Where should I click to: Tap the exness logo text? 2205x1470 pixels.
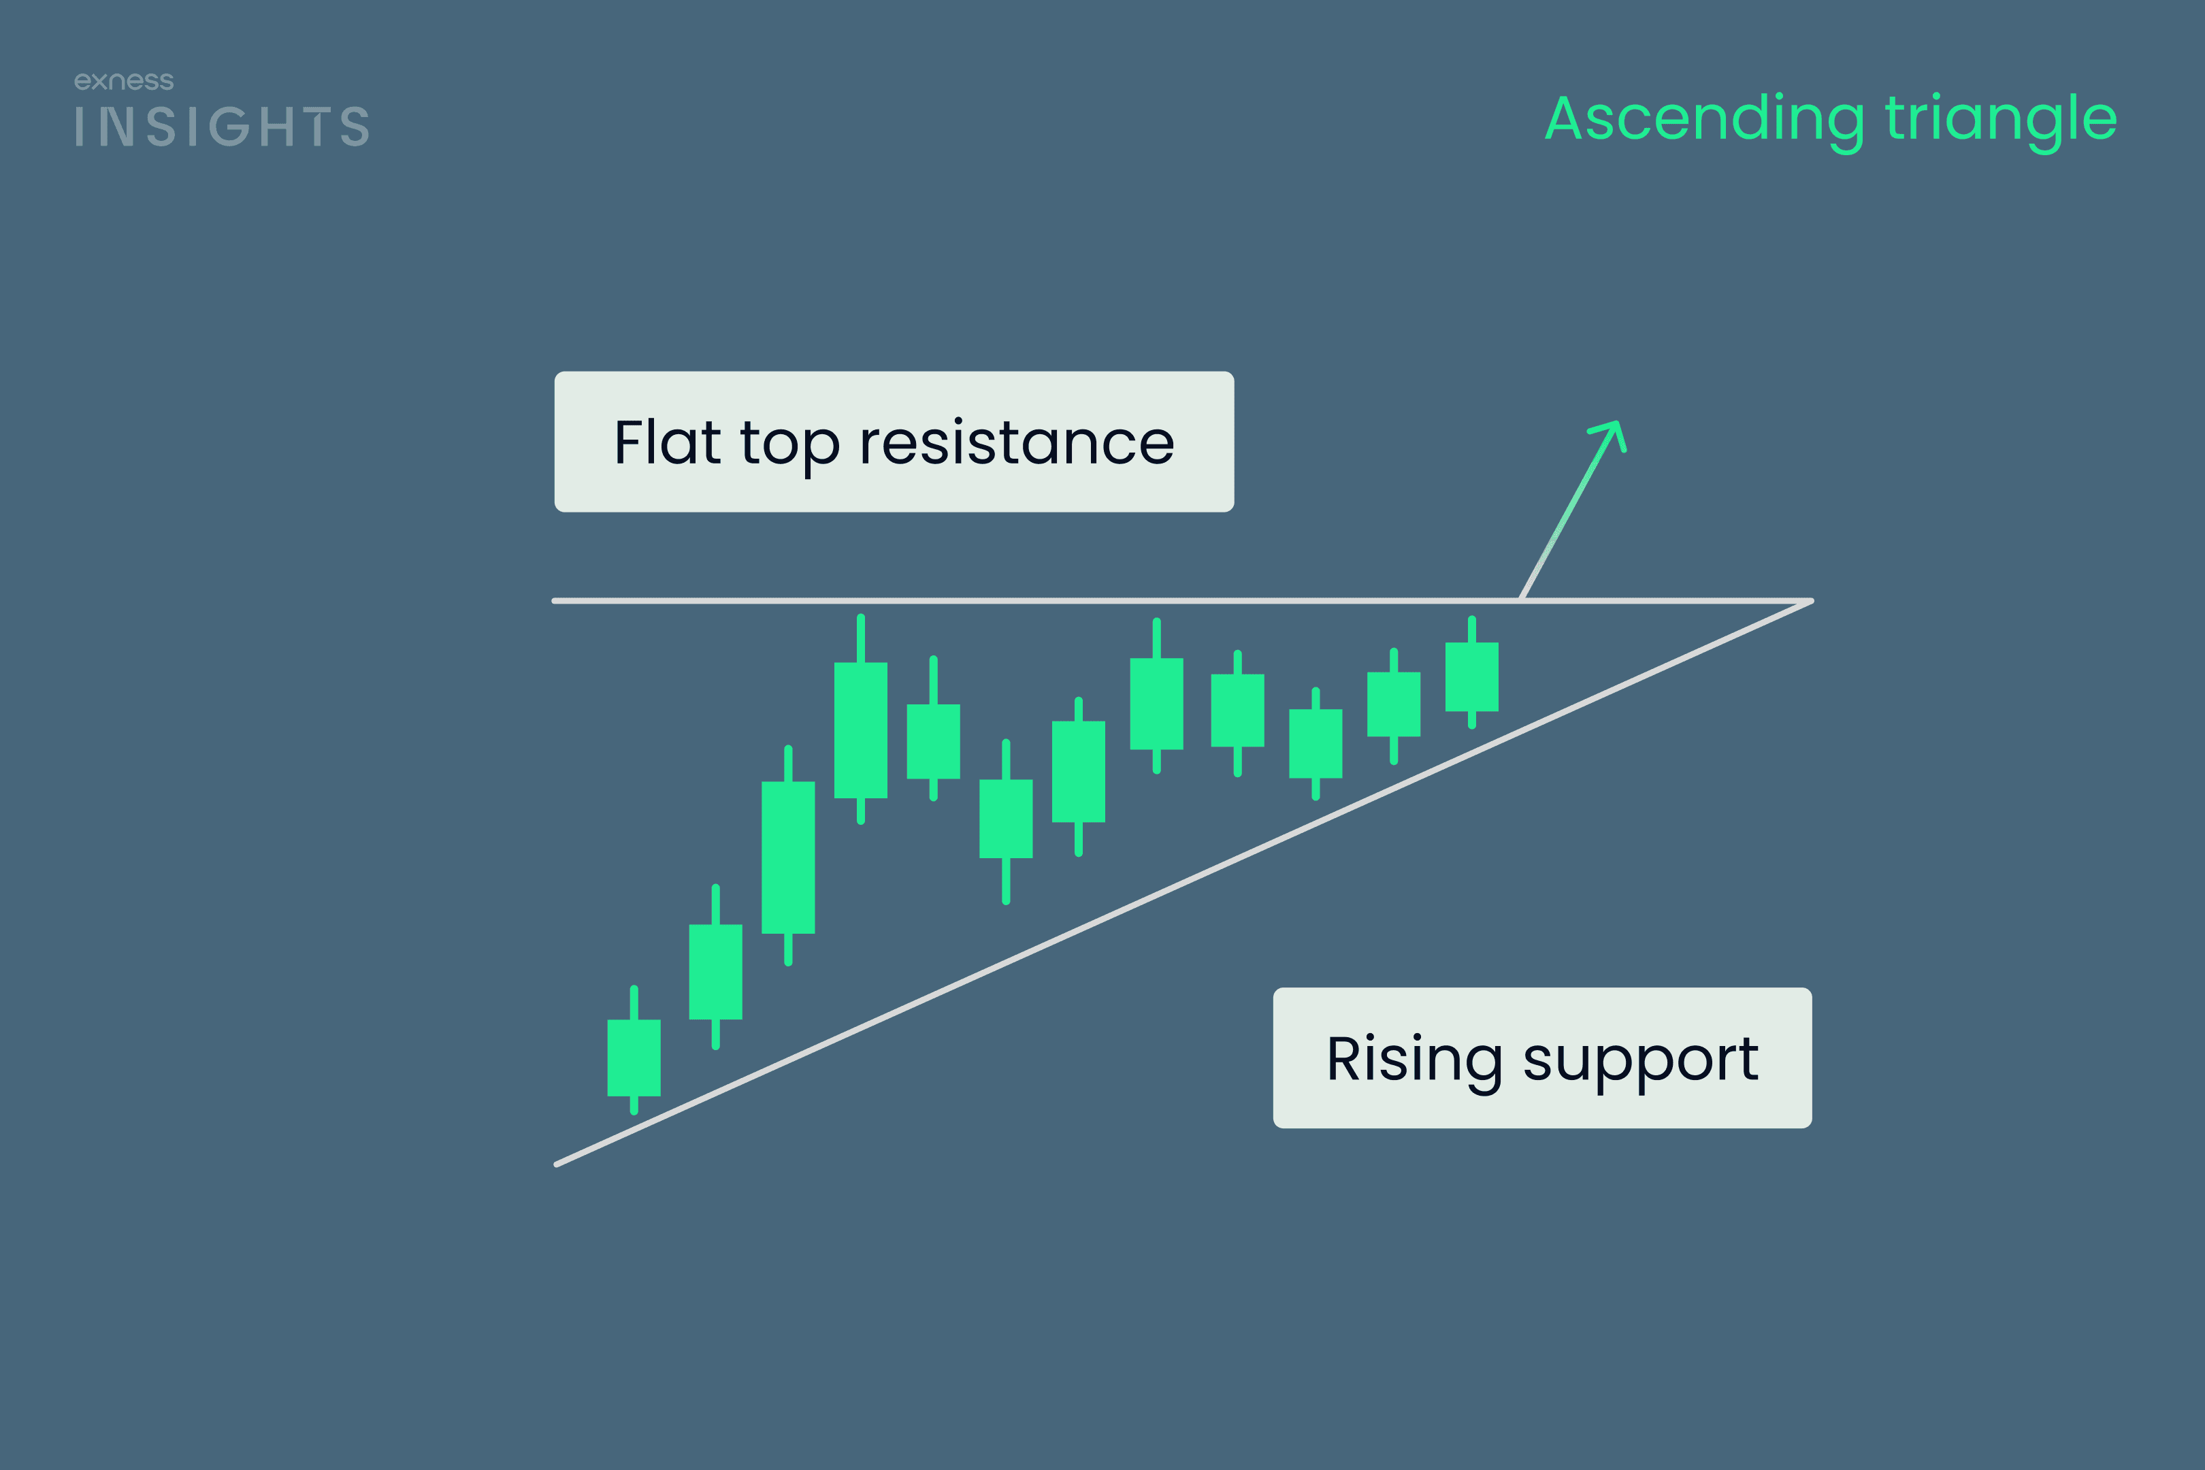pyautogui.click(x=124, y=82)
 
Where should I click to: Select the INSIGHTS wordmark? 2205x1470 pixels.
pyautogui.click(x=222, y=127)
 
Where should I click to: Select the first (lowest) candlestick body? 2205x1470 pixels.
pyautogui.click(x=634, y=1058)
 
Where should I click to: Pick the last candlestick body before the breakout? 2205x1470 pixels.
pyautogui.click(x=1472, y=677)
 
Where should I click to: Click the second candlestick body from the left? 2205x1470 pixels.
pyautogui.click(x=715, y=973)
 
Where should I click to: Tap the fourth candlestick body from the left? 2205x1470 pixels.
pyautogui.click(x=861, y=730)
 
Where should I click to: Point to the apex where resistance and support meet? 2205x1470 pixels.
pyautogui.click(x=1811, y=601)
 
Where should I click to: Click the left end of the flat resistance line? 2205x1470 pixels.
pyautogui.click(x=555, y=601)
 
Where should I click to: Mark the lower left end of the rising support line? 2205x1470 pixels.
pyautogui.click(x=557, y=1164)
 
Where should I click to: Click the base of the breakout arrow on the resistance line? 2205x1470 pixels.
pyautogui.click(x=1520, y=599)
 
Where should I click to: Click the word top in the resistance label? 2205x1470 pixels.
pyautogui.click(x=789, y=444)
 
